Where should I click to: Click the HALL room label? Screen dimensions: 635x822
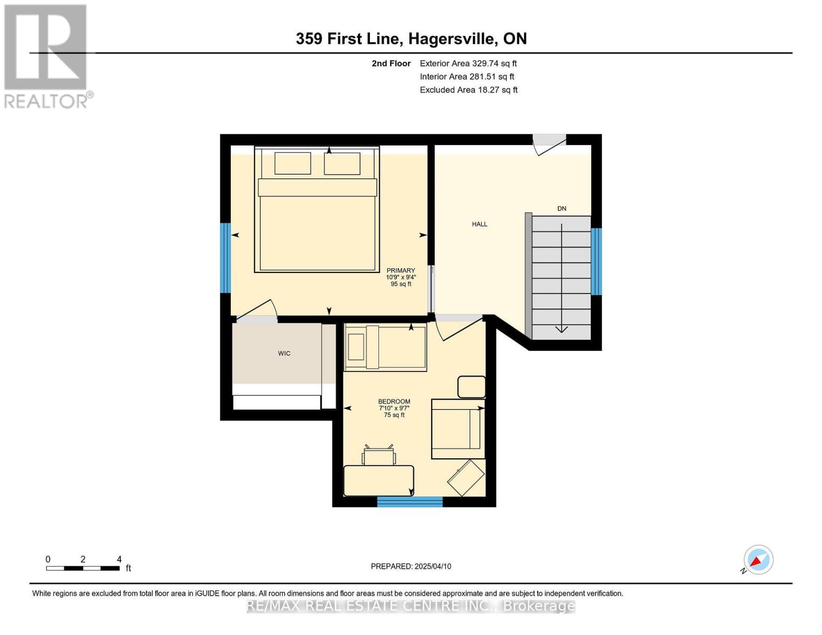(480, 224)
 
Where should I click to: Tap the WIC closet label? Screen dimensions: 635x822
(284, 353)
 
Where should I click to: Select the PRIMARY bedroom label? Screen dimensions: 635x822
(401, 270)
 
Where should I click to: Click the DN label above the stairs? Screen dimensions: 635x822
(562, 208)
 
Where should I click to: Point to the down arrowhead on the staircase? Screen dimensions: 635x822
(561, 329)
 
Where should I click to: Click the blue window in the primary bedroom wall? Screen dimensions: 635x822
(225, 258)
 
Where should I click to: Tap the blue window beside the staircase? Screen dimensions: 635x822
(597, 261)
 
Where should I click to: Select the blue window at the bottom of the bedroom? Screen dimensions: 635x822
(410, 502)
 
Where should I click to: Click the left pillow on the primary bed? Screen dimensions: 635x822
(293, 164)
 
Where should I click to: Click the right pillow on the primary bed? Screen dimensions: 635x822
(342, 164)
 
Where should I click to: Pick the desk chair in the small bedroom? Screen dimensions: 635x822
(379, 456)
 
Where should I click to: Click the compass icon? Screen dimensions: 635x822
(758, 560)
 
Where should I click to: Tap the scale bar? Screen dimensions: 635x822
(83, 568)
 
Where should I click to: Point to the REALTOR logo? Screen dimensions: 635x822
(47, 56)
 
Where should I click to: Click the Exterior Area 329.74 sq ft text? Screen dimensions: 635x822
(468, 63)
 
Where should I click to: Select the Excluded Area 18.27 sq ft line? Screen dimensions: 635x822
(468, 90)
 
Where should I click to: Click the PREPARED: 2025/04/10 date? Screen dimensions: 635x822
(411, 566)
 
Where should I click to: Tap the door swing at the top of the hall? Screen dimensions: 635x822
(548, 143)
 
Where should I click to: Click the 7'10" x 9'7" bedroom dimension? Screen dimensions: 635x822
(394, 408)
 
